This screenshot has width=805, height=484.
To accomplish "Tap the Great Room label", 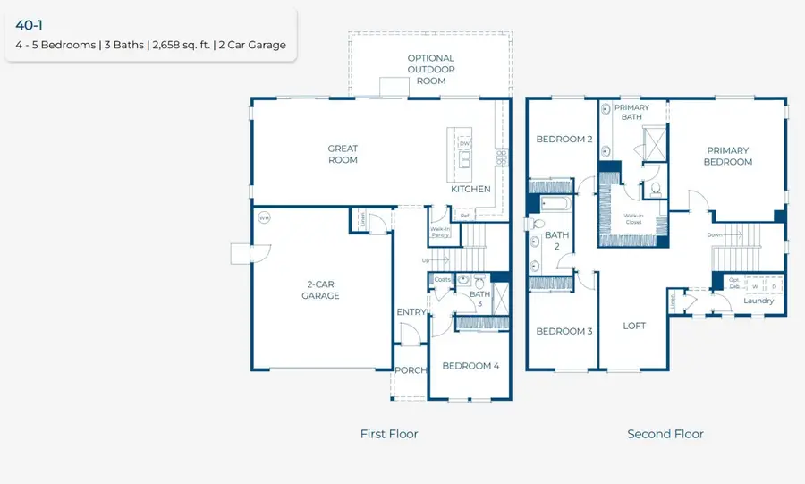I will [343, 155].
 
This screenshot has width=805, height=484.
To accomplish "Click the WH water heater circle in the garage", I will [264, 217].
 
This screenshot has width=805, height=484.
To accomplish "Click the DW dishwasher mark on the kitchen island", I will [463, 143].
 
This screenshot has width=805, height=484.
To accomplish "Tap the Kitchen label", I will [470, 189].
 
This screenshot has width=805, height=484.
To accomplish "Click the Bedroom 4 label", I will [471, 365].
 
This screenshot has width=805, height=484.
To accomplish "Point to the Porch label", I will [411, 370].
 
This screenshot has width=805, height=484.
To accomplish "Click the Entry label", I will [411, 312].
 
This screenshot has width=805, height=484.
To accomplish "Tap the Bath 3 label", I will [479, 299].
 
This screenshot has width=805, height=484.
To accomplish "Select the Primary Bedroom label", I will [728, 156].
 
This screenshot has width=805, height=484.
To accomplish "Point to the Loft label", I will [634, 326].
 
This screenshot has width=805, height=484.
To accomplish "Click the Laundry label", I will [759, 301].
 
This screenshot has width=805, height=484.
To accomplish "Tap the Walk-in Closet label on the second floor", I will [633, 218].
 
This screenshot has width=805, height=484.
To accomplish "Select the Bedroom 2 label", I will [563, 139].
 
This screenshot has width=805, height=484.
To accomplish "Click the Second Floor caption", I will [665, 434].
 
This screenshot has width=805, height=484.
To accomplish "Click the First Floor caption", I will [389, 434].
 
